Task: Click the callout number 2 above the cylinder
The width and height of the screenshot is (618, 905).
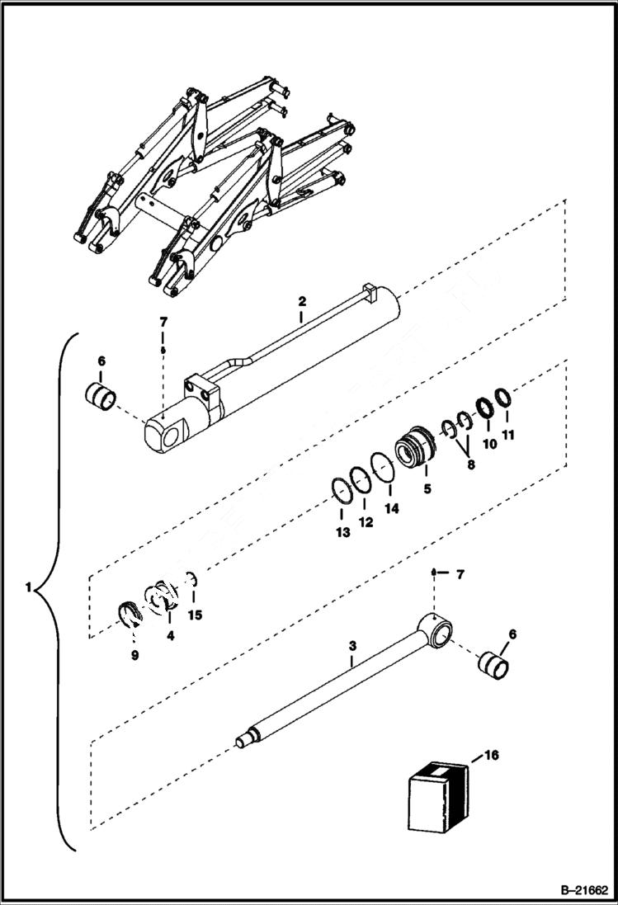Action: pyautogui.click(x=302, y=303)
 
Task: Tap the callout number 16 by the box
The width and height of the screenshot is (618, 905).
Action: pyautogui.click(x=493, y=754)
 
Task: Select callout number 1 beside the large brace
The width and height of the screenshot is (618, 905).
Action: pyautogui.click(x=29, y=589)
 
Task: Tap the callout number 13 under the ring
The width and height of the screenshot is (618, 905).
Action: pyautogui.click(x=342, y=532)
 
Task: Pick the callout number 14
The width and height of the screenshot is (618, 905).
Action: pyautogui.click(x=391, y=509)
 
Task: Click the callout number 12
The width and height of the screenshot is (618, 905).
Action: pyautogui.click(x=366, y=521)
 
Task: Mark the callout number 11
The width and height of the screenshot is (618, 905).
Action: pyautogui.click(x=509, y=435)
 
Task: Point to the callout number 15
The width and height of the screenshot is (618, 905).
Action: pyautogui.click(x=195, y=615)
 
